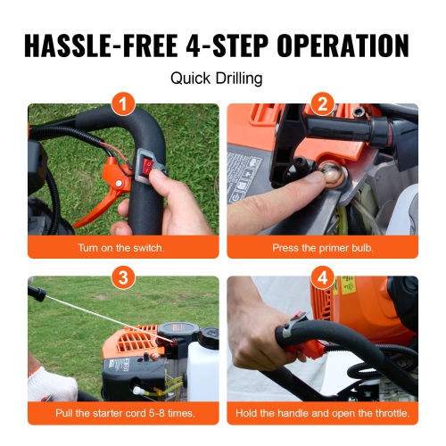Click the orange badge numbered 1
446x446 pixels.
coord(123,104)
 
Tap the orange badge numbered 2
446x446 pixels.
coord(322,104)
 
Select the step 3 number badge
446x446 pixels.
coord(123,277)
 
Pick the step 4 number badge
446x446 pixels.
coord(322,277)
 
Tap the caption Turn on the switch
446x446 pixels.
coord(123,247)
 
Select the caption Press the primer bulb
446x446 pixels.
coord(322,247)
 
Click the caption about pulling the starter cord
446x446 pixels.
coord(123,415)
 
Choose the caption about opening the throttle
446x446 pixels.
coord(322,415)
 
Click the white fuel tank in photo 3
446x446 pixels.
coord(203,370)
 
